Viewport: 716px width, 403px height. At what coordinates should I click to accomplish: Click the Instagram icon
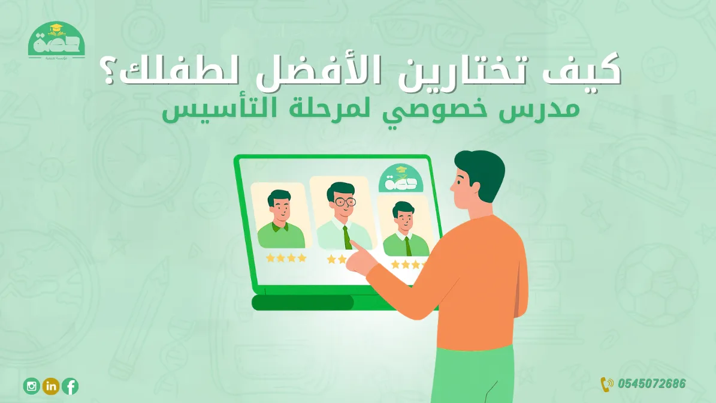click(31, 386)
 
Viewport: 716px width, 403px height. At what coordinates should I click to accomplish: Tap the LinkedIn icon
click(51, 386)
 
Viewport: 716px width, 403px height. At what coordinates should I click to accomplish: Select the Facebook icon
click(70, 386)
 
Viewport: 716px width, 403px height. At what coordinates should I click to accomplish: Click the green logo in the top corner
click(57, 41)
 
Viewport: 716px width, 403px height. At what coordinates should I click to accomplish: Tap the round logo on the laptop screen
click(400, 179)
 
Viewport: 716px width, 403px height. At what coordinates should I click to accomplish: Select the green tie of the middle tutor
click(347, 236)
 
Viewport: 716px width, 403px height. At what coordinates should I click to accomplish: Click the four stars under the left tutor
click(286, 258)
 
